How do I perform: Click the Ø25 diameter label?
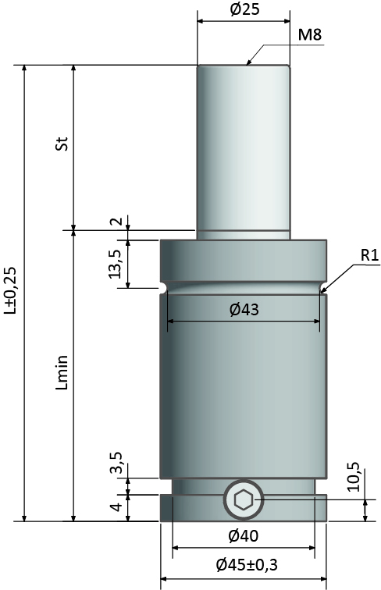(244, 9)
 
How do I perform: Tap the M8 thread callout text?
(310, 35)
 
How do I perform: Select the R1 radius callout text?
(369, 255)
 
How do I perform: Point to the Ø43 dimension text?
(244, 310)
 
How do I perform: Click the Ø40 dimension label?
(244, 536)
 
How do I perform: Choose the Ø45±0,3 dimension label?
(247, 564)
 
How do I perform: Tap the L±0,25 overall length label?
(10, 290)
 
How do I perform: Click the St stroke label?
(62, 144)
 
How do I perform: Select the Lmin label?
(62, 372)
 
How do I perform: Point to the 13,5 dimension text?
(116, 264)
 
